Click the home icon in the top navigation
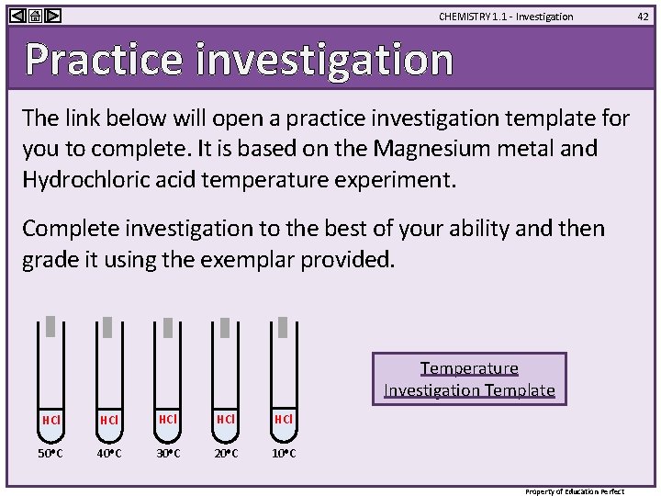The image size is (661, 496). (34, 16)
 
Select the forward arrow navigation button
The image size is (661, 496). (52, 16)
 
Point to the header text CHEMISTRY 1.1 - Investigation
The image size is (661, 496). (505, 17)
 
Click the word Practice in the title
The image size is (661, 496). (104, 60)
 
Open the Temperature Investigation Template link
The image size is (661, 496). (469, 378)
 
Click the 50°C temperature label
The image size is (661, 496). (51, 454)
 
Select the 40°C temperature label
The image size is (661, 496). (109, 454)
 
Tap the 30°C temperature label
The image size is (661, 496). (168, 454)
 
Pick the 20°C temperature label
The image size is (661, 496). (225, 454)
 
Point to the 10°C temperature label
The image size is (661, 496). (284, 454)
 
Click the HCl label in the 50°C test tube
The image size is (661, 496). (51, 420)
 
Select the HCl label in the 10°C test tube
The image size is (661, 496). (284, 419)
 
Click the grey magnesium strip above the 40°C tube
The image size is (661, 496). (107, 327)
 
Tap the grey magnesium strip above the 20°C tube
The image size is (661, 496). (224, 327)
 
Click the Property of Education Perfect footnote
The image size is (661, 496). (574, 491)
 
